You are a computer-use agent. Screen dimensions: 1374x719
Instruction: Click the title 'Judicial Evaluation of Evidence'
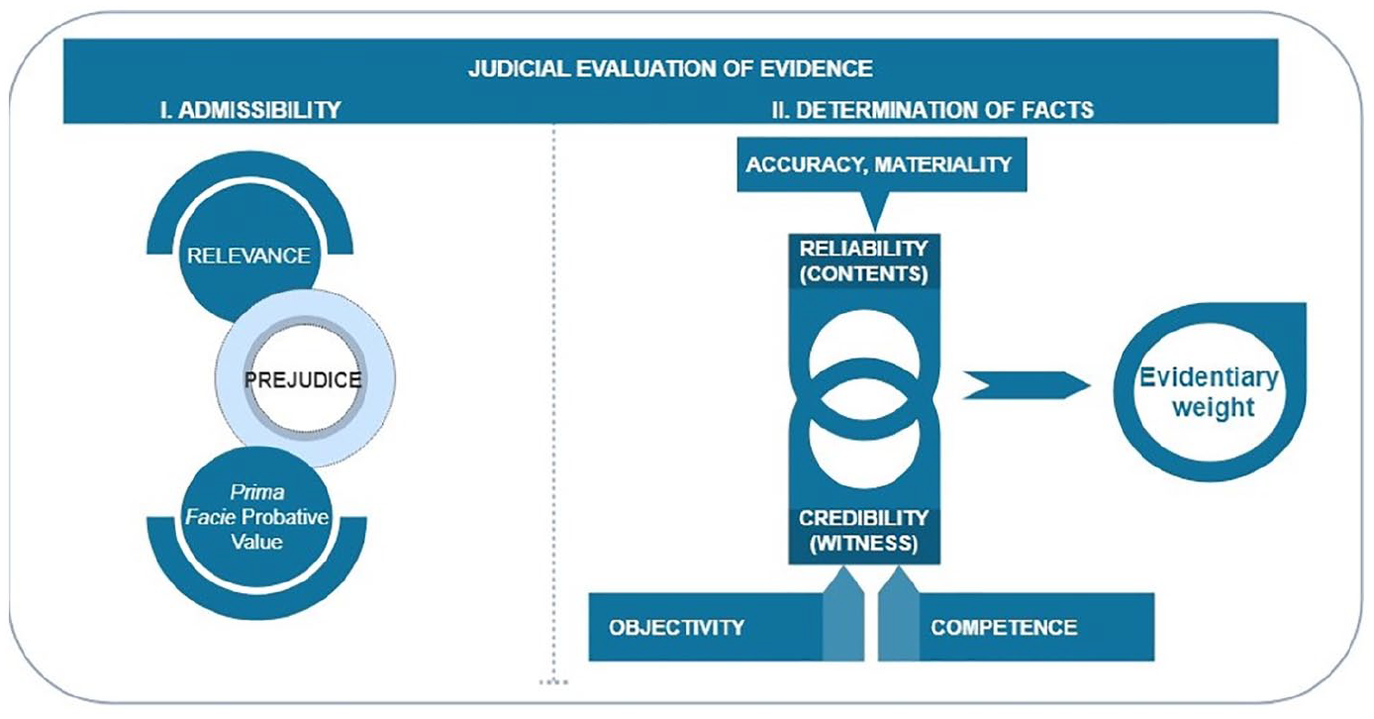tap(670, 68)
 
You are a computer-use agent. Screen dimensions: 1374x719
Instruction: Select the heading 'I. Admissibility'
tap(250, 110)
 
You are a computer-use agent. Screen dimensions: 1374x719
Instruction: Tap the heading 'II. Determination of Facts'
tap(932, 110)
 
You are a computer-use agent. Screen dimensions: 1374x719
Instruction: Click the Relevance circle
tap(248, 253)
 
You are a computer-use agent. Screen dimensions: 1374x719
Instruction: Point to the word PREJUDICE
tap(303, 379)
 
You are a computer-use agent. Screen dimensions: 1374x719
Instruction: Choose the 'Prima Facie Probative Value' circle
tap(257, 517)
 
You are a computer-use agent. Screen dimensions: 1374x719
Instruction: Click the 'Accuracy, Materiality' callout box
tap(882, 164)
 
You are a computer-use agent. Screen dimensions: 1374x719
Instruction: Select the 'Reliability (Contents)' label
tap(863, 261)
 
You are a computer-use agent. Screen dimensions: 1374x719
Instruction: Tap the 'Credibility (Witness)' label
tap(863, 531)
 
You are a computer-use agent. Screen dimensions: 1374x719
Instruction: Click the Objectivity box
tap(706, 627)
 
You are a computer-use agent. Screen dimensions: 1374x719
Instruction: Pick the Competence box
tap(1036, 627)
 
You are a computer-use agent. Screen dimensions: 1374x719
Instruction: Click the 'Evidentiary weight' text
tap(1209, 392)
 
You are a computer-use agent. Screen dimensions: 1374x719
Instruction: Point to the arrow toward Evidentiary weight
tap(1027, 385)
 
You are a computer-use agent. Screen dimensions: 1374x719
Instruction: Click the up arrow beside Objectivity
tap(843, 613)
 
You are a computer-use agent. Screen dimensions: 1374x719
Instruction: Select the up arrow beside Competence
tap(899, 613)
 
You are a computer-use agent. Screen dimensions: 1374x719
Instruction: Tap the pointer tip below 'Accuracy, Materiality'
tap(875, 232)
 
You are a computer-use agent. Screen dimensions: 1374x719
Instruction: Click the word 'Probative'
tap(285, 517)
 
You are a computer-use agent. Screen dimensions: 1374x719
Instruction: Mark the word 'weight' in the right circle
tap(1214, 407)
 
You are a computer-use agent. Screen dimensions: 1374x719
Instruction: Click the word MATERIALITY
tap(943, 164)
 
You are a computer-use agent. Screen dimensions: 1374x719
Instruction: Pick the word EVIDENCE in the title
tap(817, 68)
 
